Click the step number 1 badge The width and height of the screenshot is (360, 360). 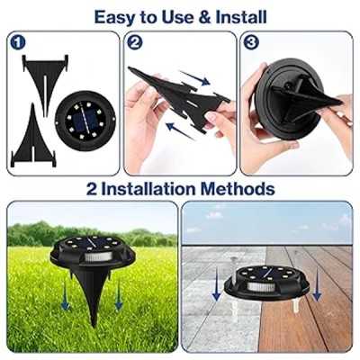pyautogui.click(x=18, y=42)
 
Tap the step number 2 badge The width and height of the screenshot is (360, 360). pyautogui.click(x=135, y=42)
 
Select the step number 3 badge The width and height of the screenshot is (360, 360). pyautogui.click(x=251, y=42)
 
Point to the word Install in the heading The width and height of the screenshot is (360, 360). pyautogui.click(x=241, y=17)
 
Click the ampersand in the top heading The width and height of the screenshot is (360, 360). pyautogui.click(x=204, y=17)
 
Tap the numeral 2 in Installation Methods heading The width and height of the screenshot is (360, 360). pyautogui.click(x=92, y=189)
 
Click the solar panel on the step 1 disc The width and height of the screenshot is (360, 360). pyautogui.click(x=85, y=120)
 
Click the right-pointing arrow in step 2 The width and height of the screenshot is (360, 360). pyautogui.click(x=194, y=77)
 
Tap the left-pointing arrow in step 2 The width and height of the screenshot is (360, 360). pyautogui.click(x=181, y=131)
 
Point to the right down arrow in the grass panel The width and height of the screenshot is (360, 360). pyautogui.click(x=119, y=296)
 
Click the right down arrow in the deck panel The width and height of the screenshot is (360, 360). pyautogui.click(x=317, y=285)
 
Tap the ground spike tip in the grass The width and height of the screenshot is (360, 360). pyautogui.click(x=94, y=326)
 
